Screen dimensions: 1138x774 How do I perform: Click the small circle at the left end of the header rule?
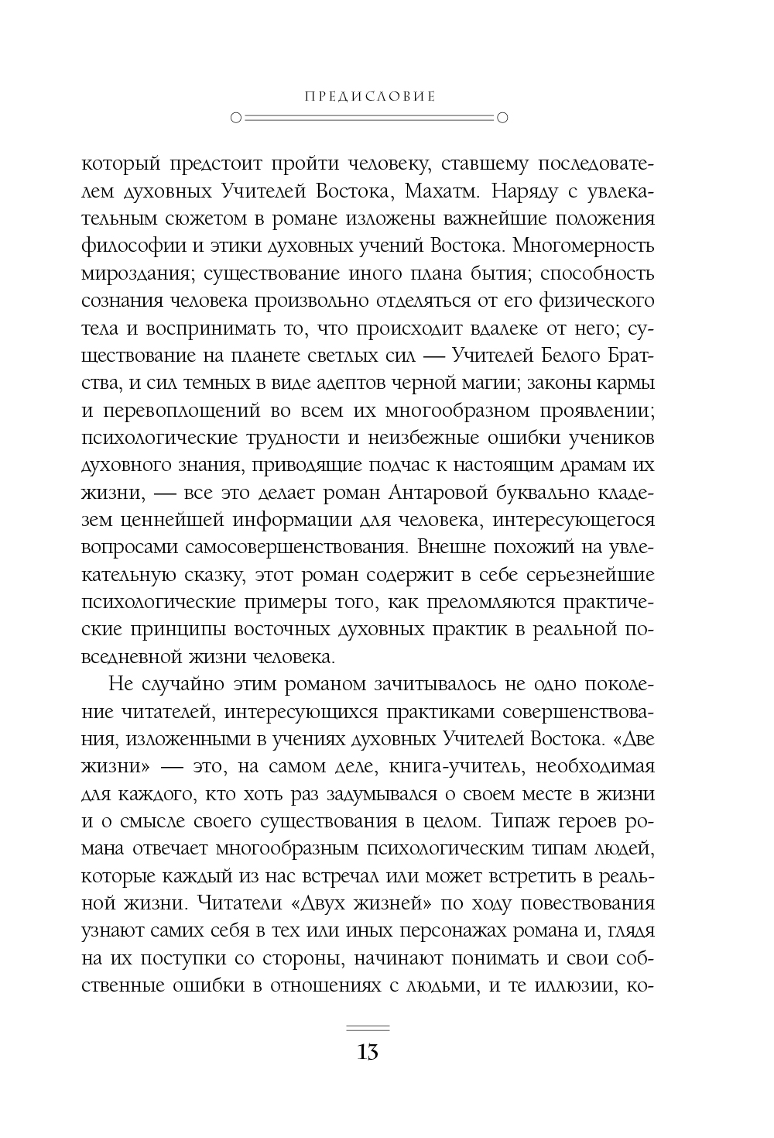[x=236, y=119]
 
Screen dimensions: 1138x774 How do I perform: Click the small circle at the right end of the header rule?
[x=501, y=119]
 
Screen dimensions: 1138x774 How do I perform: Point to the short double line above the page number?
[x=368, y=1029]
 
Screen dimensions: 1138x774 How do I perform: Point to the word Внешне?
[x=453, y=546]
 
